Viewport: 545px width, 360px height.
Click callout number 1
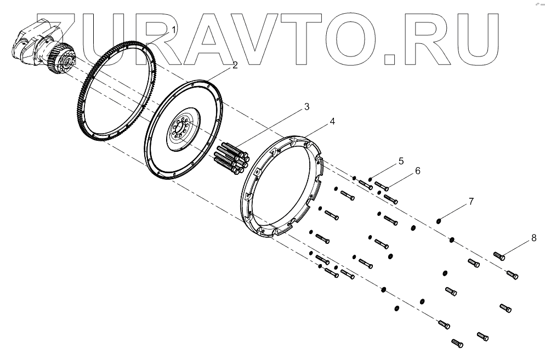click(x=174, y=28)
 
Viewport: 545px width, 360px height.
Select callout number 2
click(x=235, y=65)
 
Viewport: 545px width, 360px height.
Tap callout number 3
click(x=307, y=107)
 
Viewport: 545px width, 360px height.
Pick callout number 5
click(x=401, y=161)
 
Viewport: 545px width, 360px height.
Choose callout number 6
click(x=418, y=171)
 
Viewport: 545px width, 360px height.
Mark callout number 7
click(x=470, y=202)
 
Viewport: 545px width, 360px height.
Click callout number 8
click(x=534, y=238)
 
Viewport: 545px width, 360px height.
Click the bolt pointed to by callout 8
click(x=499, y=255)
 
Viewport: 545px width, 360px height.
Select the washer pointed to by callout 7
click(x=439, y=221)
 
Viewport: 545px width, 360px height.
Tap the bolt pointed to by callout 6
click(x=382, y=188)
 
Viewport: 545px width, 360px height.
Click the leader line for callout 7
click(x=454, y=212)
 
